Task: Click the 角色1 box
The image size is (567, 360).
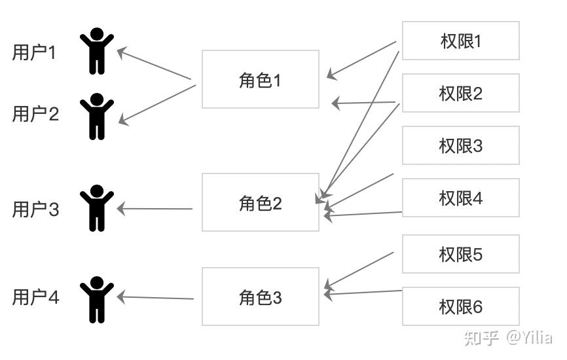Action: (x=260, y=79)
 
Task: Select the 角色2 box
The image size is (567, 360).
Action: (x=260, y=202)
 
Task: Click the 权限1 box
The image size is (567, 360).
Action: (x=460, y=41)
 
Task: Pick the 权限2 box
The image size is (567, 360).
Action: (x=460, y=93)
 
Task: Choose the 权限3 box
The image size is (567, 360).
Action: (x=460, y=145)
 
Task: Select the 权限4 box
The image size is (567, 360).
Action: (x=460, y=198)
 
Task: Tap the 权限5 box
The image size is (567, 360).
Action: (x=460, y=254)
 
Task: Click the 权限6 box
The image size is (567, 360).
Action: (x=460, y=306)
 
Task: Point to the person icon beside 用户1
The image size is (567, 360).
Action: (x=97, y=51)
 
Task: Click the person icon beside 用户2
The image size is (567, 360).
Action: (x=97, y=117)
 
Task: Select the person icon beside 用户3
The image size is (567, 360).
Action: (x=97, y=208)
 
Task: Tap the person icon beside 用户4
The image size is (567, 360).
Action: (x=97, y=299)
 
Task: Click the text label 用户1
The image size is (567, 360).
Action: (x=35, y=53)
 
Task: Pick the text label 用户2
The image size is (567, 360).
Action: (x=35, y=114)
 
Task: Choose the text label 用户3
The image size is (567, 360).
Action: (x=35, y=209)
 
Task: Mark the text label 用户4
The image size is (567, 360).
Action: (x=35, y=297)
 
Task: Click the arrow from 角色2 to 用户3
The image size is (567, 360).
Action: (x=155, y=209)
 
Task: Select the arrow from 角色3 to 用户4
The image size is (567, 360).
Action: (x=156, y=298)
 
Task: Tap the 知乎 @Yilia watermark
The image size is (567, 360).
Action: (x=508, y=337)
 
